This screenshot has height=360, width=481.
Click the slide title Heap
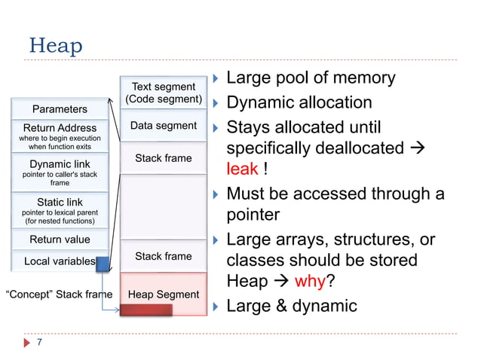coord(55,46)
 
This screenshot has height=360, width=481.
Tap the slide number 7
coord(39,343)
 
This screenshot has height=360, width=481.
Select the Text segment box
coord(163,93)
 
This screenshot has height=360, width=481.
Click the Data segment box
coord(163,126)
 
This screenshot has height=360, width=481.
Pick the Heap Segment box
coord(163,294)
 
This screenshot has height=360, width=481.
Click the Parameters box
coord(59,109)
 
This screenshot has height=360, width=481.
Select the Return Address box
coord(59,136)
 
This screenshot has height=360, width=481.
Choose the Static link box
coord(59,211)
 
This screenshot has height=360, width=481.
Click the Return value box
coord(59,239)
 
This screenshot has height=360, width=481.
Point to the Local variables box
coord(59,261)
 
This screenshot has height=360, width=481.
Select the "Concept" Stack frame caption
coord(59,294)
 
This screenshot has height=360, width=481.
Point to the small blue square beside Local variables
coord(103,261)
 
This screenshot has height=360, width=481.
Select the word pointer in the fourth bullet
coord(253,215)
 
